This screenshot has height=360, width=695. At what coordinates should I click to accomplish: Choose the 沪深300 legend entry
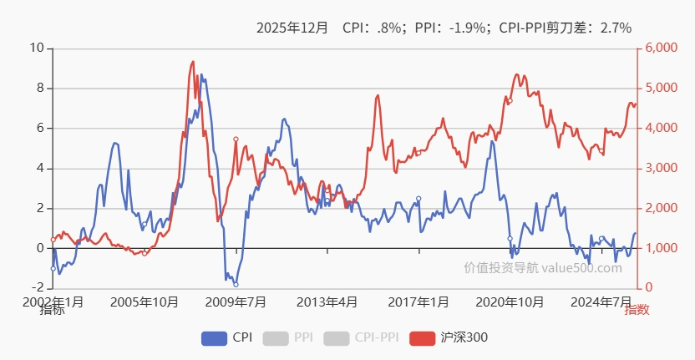point(449,337)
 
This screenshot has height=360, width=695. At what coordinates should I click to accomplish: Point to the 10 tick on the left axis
point(36,48)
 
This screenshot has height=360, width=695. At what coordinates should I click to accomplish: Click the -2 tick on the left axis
point(36,288)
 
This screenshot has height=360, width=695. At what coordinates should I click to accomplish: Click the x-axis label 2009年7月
point(236,302)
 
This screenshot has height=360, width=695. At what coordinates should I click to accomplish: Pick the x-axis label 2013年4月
point(327,302)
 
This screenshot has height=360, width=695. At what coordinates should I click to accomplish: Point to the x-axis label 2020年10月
point(510,302)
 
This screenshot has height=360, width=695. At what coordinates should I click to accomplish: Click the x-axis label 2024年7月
point(601,302)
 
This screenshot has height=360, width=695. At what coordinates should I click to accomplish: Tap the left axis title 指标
point(52,311)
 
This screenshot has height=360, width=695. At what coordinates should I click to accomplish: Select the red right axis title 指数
point(637,311)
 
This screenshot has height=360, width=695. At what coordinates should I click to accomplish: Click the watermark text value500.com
point(581,268)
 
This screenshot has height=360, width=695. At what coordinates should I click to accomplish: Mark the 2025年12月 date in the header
point(292,28)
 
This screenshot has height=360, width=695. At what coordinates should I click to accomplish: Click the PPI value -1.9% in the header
point(468,28)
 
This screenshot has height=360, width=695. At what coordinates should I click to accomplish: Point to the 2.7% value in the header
point(616,28)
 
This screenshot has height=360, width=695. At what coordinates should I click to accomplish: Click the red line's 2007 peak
point(193,61)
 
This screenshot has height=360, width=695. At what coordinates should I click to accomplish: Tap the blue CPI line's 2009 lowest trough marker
point(236,285)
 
